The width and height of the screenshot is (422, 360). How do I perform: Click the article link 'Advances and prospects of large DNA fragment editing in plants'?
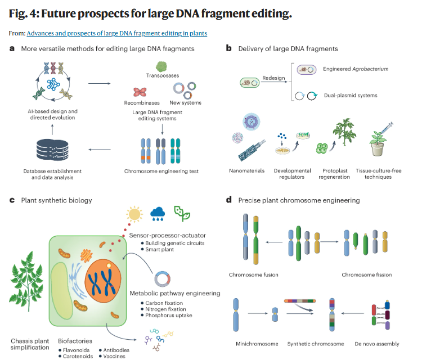click(x=116, y=34)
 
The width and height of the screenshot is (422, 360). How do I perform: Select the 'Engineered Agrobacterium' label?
click(x=356, y=69)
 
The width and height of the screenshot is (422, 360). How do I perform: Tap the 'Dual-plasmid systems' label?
click(x=350, y=96)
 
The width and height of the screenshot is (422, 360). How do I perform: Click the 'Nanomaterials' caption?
click(x=246, y=170)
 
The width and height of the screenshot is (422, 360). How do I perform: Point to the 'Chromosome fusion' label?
click(x=253, y=275)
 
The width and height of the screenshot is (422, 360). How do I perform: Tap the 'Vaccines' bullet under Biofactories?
click(x=115, y=356)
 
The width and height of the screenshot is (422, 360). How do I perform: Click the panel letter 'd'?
click(x=228, y=200)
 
